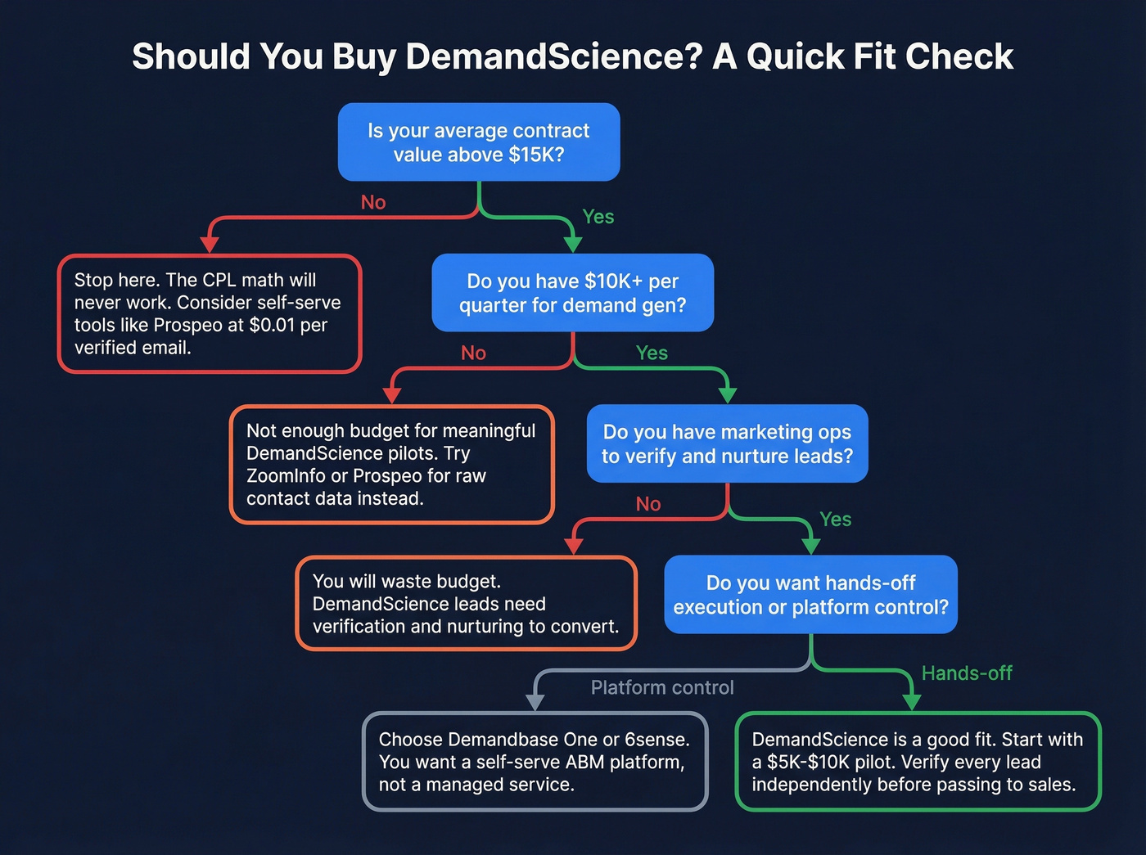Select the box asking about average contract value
[479, 142]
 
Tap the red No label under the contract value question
[373, 203]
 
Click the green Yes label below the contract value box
[598, 217]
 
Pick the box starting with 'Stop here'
[210, 314]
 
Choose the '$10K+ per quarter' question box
[572, 293]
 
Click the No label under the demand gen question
[473, 353]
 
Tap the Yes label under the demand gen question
[652, 353]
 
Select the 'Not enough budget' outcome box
[392, 465]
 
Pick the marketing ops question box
[727, 443]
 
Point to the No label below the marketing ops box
[648, 504]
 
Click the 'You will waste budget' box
[466, 604]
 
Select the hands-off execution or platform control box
[810, 595]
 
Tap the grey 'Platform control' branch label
[662, 688]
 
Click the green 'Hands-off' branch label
[967, 673]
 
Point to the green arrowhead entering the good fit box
[911, 702]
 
